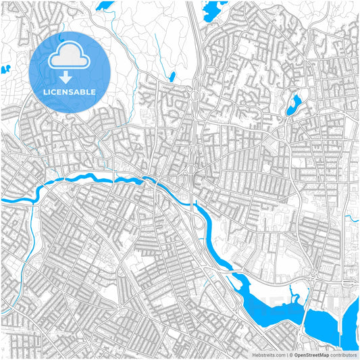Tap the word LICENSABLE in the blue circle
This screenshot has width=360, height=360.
point(70,92)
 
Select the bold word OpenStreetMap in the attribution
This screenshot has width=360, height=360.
point(310,355)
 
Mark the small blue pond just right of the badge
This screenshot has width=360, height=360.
point(172,77)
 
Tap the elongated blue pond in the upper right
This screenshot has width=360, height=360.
point(294,105)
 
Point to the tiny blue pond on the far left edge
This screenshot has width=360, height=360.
point(5,69)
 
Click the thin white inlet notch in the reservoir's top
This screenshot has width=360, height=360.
point(292,293)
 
